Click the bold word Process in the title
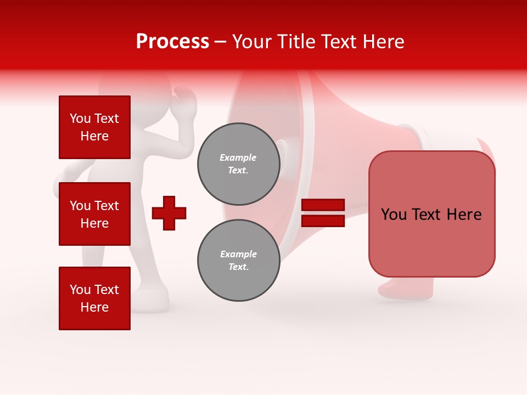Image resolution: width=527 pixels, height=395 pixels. coord(172,42)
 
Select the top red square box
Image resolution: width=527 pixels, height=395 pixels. coord(94,127)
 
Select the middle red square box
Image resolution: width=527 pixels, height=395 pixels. coord(94,214)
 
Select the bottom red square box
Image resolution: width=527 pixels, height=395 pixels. coord(94,298)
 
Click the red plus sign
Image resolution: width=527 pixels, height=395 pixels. coord(169,213)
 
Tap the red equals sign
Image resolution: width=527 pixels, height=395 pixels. coord(323,213)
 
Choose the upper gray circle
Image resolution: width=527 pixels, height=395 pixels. coord(238,164)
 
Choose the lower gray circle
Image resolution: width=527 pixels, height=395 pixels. coord(238,260)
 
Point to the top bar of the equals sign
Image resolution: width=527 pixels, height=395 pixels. coord(323,205)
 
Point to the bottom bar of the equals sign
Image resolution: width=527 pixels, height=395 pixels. coord(323,221)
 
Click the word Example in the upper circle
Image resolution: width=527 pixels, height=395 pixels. coord(238,157)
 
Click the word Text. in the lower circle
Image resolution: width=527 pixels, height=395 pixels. coord(238,267)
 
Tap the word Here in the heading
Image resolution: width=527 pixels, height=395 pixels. coord(383,42)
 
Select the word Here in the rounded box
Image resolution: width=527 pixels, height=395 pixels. coord(464,214)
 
